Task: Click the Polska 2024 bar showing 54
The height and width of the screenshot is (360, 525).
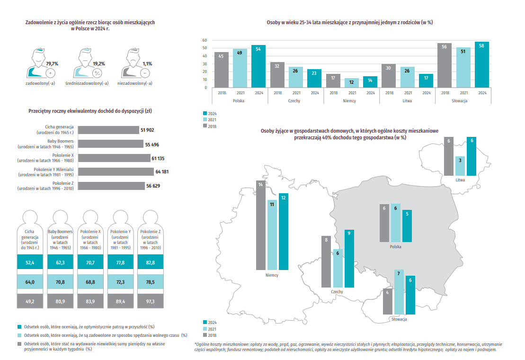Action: [x=258, y=66]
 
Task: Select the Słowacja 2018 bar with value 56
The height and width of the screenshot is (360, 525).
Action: [x=445, y=65]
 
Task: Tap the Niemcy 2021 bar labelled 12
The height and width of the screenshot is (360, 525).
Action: [x=352, y=83]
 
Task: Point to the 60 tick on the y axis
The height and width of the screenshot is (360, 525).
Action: [x=205, y=40]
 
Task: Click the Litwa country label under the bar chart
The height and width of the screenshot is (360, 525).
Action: [x=407, y=101]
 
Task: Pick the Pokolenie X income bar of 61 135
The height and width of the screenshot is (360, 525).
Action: [x=114, y=158]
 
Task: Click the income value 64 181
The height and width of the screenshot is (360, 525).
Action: [x=162, y=172]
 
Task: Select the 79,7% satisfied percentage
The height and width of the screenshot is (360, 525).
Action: [x=52, y=63]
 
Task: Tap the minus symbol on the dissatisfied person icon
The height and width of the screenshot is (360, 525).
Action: [x=145, y=73]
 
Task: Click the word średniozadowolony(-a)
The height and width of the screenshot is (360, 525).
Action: [x=87, y=83]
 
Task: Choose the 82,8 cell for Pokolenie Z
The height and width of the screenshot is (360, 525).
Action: [x=151, y=262]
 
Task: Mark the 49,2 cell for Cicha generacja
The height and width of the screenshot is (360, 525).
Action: [x=30, y=301]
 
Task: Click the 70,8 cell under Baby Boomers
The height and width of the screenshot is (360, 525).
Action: [x=60, y=282]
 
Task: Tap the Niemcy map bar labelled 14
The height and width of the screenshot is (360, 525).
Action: [x=261, y=225]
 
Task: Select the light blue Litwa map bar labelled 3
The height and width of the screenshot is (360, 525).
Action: [x=460, y=166]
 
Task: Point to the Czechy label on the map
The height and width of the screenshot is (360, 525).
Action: [x=337, y=292]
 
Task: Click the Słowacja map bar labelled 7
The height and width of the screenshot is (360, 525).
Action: [x=399, y=292]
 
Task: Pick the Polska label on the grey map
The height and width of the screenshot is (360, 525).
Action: [x=395, y=247]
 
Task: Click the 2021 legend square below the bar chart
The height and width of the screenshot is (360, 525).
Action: [x=205, y=119]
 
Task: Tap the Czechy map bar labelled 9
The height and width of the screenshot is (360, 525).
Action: [x=349, y=259]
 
